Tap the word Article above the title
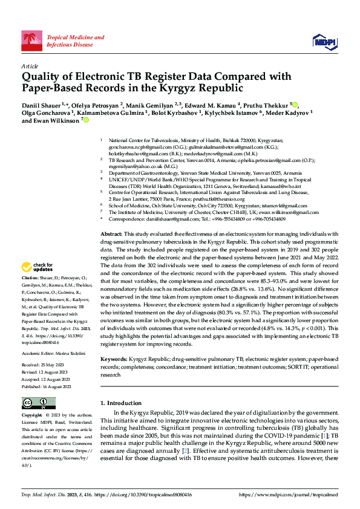coord(29,66)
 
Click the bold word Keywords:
coord(113,359)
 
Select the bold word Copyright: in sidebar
coord(33,416)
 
